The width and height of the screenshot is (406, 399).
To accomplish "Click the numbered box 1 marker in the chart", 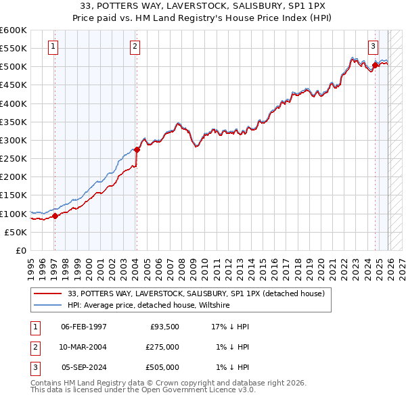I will coord(53,47).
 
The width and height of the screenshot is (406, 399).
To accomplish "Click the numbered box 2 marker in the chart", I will coord(135,47).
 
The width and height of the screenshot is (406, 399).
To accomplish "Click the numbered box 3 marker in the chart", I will coord(373,47).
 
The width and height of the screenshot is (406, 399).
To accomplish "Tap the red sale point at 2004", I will coord(136,149).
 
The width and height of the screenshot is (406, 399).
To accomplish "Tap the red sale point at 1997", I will coord(55,216).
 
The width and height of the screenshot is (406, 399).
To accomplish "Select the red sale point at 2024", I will coord(375,65).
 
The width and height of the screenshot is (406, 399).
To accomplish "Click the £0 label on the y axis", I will coord(20,251).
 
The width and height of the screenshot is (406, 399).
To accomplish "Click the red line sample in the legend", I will coord(47,294).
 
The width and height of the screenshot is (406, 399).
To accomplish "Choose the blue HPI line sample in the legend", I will coord(47,306).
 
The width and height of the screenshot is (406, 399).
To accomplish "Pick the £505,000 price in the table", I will coord(162,367).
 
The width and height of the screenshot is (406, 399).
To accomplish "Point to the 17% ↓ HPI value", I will coord(231,327).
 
